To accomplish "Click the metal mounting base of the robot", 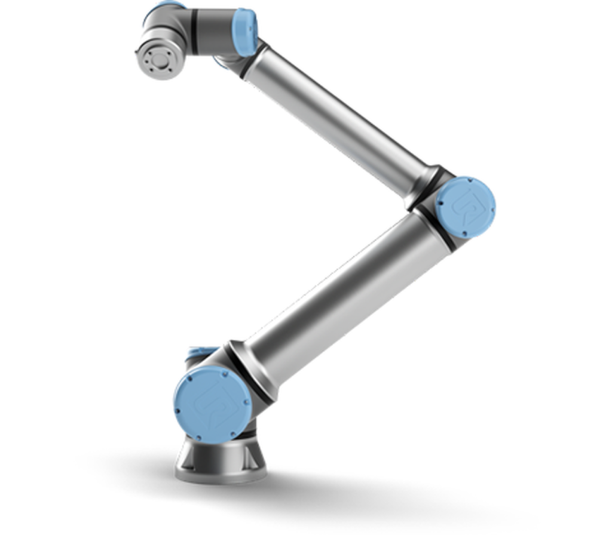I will click(x=221, y=457).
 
